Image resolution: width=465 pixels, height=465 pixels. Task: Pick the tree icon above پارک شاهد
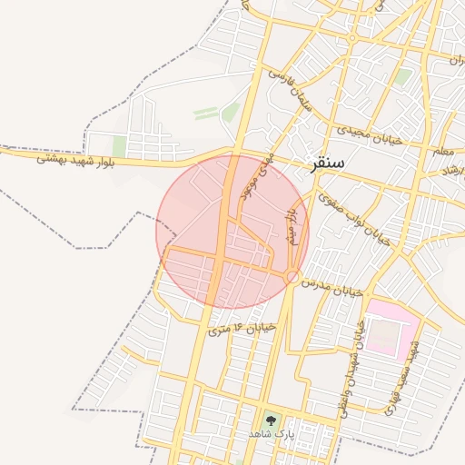(x=269, y=420)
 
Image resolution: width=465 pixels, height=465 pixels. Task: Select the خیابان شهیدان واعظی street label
(x=350, y=363)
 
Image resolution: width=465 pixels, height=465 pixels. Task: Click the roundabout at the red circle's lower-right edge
(x=292, y=275)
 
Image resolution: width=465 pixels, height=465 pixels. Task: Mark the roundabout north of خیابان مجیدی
(x=351, y=39)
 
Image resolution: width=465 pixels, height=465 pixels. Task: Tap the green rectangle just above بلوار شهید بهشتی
(x=119, y=146)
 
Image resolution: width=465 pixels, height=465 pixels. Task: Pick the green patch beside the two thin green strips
(x=231, y=113)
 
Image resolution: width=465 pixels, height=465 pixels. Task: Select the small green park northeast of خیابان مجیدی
(x=402, y=76)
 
